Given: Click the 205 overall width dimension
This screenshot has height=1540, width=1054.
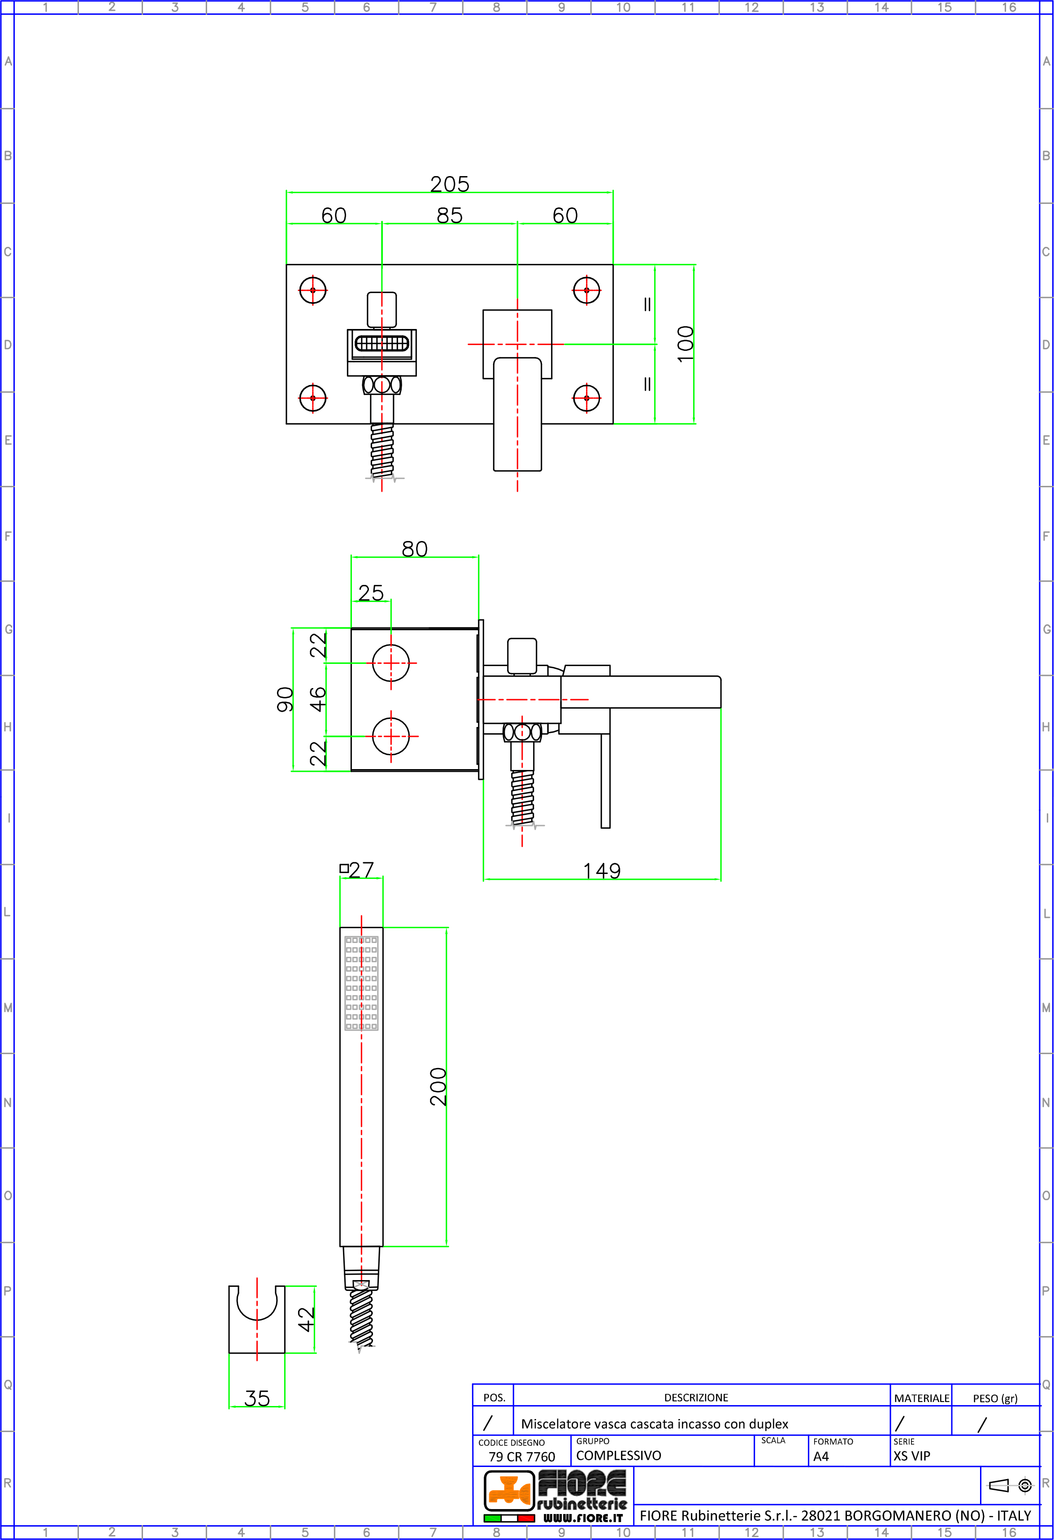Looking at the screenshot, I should (450, 184).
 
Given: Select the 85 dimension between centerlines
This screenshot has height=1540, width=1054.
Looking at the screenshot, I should (450, 216).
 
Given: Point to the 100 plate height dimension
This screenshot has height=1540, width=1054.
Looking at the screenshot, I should (685, 343).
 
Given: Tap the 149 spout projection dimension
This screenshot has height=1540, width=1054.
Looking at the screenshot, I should (602, 871).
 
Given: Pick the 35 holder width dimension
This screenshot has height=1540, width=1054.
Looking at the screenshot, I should (257, 1398).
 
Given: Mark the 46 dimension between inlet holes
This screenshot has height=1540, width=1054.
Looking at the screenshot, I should (318, 699).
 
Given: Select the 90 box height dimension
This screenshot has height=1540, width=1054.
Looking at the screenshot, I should (285, 699).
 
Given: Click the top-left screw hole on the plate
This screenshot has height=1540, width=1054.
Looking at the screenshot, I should (313, 290).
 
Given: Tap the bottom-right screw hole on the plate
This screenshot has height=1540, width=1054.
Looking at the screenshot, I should (587, 398).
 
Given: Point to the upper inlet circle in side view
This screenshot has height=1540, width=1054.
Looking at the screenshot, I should (391, 662).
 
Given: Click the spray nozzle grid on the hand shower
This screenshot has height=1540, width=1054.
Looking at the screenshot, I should (361, 983).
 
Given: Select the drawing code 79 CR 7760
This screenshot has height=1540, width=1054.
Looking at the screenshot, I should (522, 1457).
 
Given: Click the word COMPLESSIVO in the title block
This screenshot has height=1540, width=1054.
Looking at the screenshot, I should (619, 1455).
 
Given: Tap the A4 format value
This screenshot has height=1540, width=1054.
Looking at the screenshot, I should (821, 1457).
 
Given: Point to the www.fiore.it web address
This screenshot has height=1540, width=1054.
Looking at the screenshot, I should (583, 1518).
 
